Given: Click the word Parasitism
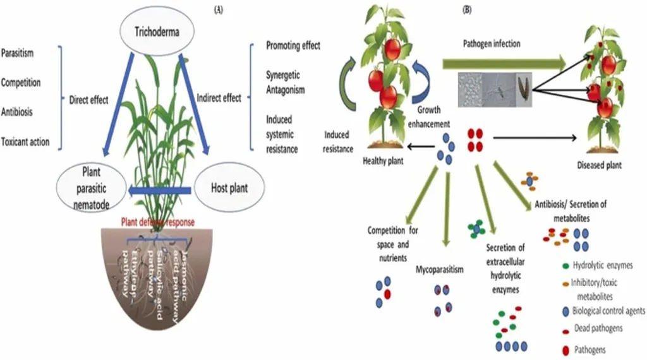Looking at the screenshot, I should click(18, 54).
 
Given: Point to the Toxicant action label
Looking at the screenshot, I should click(25, 141).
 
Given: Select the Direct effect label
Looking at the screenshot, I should click(88, 99).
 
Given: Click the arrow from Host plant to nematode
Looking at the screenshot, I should click(159, 189).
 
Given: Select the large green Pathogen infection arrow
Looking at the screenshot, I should click(503, 63).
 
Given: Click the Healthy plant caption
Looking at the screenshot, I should click(383, 162).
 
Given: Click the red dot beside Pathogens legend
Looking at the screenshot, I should click(564, 349).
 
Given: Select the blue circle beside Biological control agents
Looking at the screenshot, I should click(564, 311).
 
